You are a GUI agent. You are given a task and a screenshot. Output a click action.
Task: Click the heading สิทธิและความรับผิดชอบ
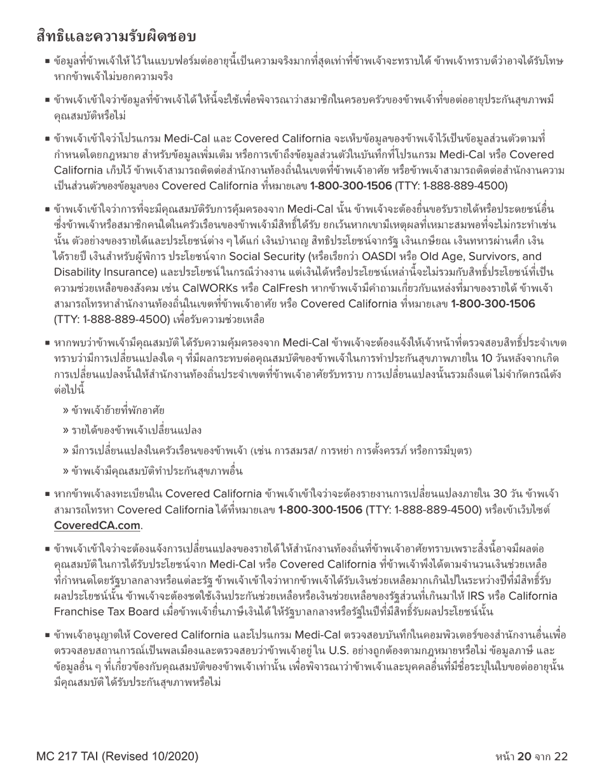click(116, 36)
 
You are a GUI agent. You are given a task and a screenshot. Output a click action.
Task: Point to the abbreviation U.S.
click(340, 649)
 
